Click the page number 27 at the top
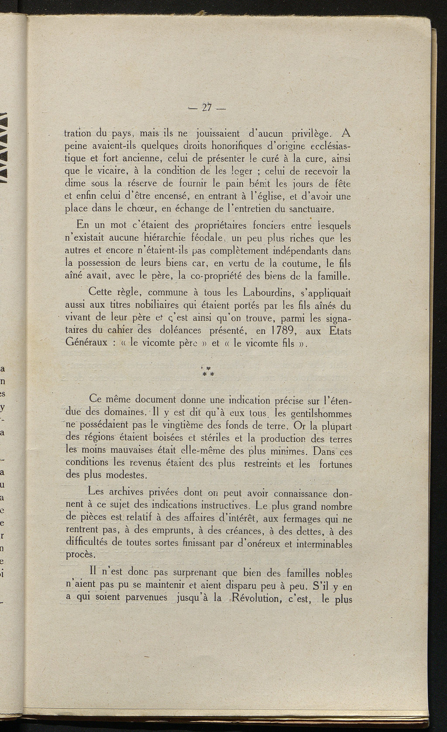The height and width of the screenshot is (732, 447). click(x=207, y=108)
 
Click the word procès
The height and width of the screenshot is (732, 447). click(x=79, y=555)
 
